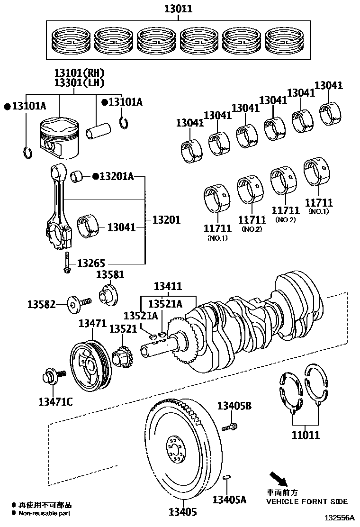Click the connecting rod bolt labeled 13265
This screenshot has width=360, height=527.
click(x=67, y=263)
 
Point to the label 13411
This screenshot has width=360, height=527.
click(x=168, y=286)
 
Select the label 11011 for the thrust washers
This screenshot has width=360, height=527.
click(x=305, y=435)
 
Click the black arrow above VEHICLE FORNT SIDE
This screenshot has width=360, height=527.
click(x=278, y=479)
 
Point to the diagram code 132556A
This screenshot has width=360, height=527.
click(x=339, y=519)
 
